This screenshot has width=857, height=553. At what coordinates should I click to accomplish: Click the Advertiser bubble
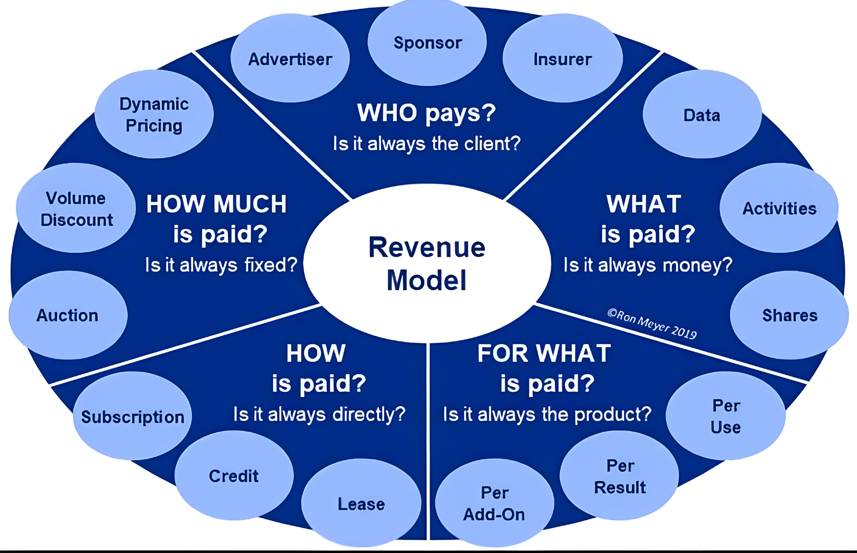tap(290, 58)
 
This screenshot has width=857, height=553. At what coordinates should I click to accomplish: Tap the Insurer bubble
tap(563, 58)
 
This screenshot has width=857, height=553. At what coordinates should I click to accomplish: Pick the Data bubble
tap(702, 114)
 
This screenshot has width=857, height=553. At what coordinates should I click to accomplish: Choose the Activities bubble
tap(779, 208)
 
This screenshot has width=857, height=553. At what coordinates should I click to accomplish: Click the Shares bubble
tap(789, 315)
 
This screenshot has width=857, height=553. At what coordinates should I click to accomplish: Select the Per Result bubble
tap(619, 475)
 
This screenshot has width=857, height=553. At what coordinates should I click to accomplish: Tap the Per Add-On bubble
tap(494, 503)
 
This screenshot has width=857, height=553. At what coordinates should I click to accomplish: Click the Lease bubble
tap(361, 503)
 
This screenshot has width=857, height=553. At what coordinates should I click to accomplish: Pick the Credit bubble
tap(234, 475)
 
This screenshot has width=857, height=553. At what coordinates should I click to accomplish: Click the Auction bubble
tap(68, 315)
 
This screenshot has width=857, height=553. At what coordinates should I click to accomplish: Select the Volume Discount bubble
tap(76, 208)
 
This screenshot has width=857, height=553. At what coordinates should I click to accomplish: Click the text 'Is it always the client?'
tap(427, 144)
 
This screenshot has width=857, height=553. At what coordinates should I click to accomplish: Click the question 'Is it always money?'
tap(648, 265)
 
